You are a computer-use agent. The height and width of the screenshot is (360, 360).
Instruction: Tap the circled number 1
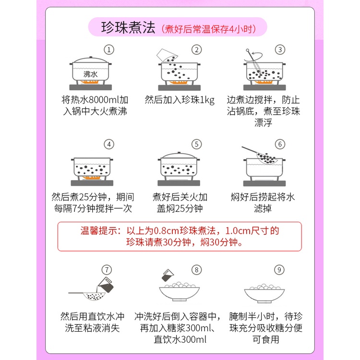pos(110,50)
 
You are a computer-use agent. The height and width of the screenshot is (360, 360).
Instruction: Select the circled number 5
pos(196,144)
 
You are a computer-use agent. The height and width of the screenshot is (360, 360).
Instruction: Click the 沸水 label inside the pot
pos(90,74)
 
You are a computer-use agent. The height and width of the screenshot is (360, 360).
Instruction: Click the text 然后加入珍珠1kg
pos(180,100)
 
